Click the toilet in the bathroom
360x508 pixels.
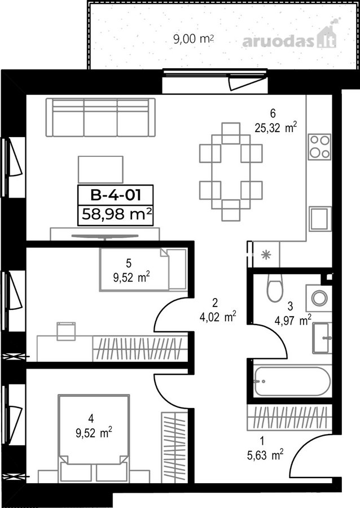tap(275, 288)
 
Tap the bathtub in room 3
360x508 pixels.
tap(292, 382)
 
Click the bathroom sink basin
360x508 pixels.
tap(322, 338)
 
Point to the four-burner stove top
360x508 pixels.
tap(319, 147)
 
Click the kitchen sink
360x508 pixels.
tap(320, 218)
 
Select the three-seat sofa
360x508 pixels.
tap(100, 117)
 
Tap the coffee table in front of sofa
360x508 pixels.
tap(100, 169)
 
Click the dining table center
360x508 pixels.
tap(231, 172)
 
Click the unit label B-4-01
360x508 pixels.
tap(116, 195)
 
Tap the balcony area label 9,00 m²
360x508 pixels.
tap(194, 39)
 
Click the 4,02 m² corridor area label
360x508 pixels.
tap(218, 317)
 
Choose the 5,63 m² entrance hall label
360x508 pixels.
tap(265, 455)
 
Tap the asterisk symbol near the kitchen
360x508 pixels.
tap(266, 255)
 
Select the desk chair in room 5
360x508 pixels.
tap(66, 331)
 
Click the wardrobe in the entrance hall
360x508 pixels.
tap(289, 417)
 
